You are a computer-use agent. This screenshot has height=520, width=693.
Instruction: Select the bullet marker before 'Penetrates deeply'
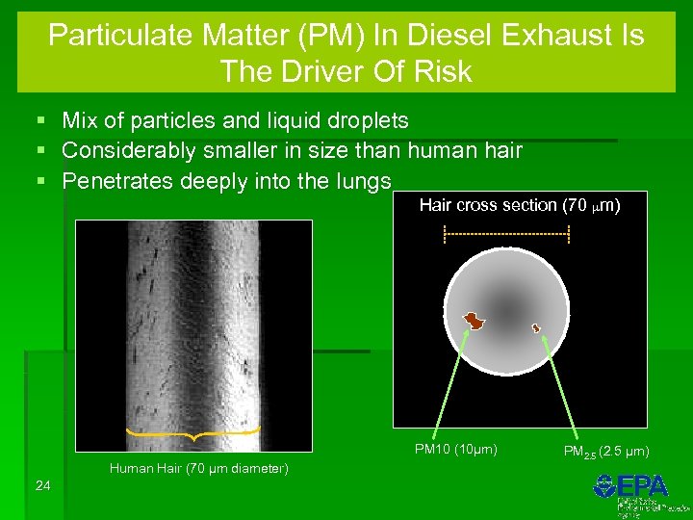[x=39, y=182]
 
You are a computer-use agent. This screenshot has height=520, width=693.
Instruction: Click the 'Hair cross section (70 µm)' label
[x=520, y=205]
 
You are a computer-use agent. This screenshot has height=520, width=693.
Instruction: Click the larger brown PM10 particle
[x=474, y=320]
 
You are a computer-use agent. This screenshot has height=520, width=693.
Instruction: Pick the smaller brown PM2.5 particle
[x=537, y=328]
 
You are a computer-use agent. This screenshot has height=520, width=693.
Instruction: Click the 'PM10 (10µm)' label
[x=455, y=449]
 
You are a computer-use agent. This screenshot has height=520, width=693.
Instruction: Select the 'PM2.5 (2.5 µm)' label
[x=605, y=451]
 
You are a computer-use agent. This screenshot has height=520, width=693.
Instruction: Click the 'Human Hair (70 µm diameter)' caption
[x=198, y=468]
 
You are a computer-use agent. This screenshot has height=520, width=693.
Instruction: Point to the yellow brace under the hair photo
[x=193, y=435]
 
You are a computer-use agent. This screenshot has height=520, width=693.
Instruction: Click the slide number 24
[x=42, y=485]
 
